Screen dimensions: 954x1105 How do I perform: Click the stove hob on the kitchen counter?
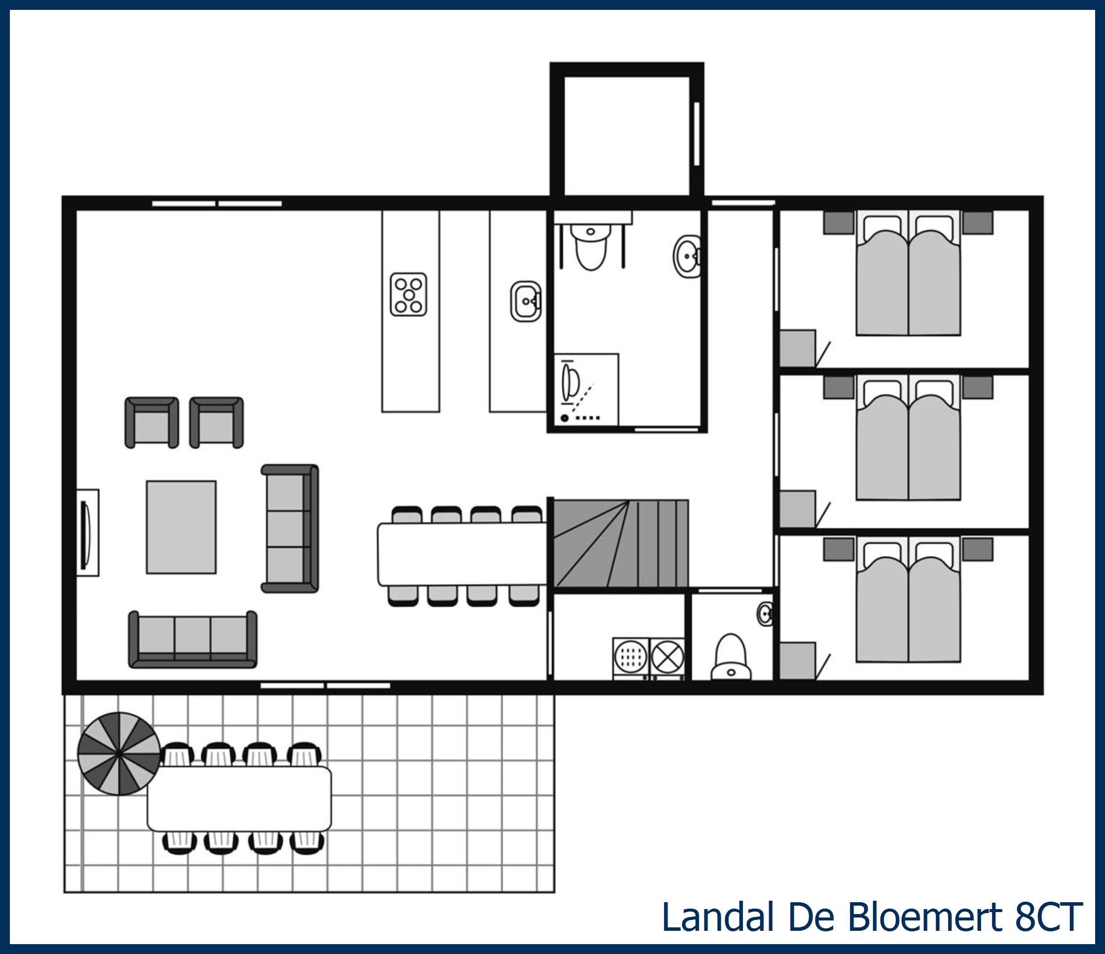408,294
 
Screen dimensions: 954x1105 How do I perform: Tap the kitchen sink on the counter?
526,301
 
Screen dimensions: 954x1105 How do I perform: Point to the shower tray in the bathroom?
586,389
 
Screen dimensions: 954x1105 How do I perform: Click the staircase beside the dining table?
621,544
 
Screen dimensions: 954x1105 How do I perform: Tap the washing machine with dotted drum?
630,657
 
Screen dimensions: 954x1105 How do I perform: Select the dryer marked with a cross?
667,657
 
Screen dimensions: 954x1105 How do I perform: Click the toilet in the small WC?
731,658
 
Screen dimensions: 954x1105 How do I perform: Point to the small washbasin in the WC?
765,614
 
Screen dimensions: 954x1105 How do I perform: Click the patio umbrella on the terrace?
118,754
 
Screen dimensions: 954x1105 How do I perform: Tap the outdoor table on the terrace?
239,799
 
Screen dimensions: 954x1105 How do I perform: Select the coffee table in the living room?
182,527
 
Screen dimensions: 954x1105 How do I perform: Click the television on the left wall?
85,533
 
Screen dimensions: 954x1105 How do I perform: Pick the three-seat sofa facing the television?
290,528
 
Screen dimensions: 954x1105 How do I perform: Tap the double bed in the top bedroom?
908,275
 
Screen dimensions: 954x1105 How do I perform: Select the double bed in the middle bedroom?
908,439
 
